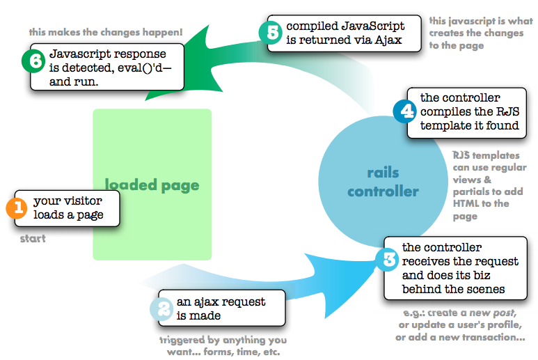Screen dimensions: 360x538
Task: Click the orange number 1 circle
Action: tap(15, 208)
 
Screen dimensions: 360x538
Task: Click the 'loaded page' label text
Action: tap(152, 185)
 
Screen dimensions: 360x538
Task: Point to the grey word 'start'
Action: tap(33, 239)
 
